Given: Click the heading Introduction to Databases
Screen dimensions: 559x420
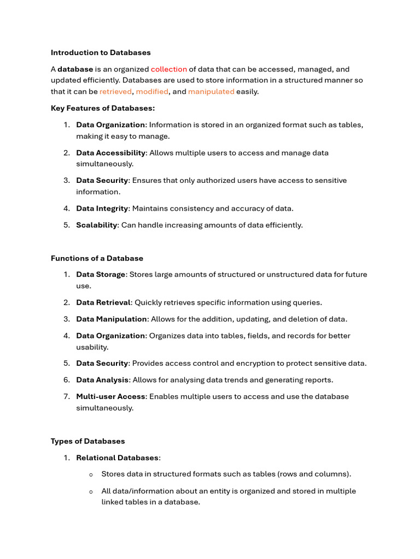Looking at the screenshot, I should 101,53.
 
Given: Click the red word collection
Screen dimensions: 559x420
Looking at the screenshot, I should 169,69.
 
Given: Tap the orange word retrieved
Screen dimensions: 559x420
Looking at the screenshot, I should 115,92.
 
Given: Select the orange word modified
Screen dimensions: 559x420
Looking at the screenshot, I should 152,92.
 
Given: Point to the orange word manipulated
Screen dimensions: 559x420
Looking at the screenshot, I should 211,92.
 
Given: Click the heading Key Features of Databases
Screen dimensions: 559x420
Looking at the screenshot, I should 103,108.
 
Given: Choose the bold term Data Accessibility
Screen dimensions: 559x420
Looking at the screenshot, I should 110,153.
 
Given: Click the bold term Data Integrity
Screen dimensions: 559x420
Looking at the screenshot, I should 102,209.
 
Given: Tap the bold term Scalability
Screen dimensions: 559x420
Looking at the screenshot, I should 97,225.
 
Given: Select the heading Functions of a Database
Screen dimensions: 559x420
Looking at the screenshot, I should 97,258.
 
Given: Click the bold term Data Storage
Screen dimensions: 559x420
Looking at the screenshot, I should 101,275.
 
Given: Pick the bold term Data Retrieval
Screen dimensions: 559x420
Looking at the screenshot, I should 103,302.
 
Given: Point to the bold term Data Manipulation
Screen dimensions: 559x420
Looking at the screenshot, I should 112,319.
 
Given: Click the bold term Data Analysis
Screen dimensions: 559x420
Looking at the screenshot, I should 102,380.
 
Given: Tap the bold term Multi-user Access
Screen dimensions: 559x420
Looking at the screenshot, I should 111,396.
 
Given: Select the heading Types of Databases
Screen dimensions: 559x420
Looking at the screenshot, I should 87,441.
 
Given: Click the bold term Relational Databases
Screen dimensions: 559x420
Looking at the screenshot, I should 117,458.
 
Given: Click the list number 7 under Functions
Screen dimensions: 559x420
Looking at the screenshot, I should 66,396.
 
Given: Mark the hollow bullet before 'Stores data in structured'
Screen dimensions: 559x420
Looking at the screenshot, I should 91,475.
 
